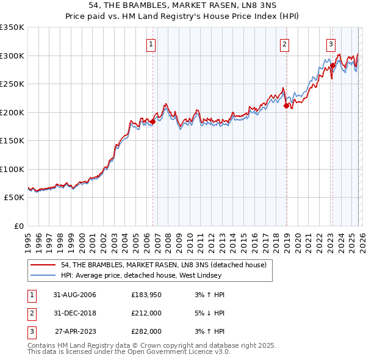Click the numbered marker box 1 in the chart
click(x=151, y=43)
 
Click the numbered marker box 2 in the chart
click(x=284, y=43)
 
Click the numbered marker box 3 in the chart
click(x=331, y=43)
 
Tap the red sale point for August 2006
click(x=152, y=122)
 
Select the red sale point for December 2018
click(x=286, y=106)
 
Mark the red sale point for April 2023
click(x=332, y=66)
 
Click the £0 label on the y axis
click(x=18, y=226)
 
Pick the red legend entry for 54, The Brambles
click(x=163, y=265)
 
